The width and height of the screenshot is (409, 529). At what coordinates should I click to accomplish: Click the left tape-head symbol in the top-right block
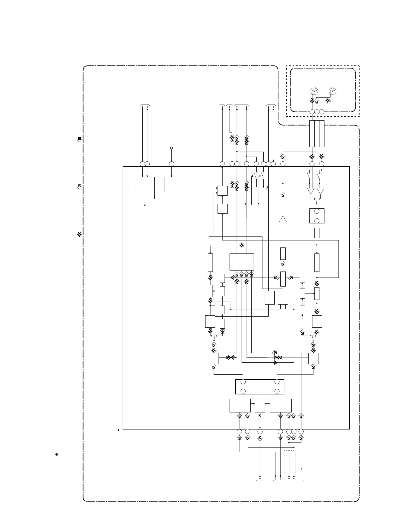[314, 91]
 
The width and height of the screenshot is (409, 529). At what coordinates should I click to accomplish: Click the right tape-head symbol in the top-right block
[333, 91]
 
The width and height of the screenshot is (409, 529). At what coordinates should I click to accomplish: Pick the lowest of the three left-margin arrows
[79, 234]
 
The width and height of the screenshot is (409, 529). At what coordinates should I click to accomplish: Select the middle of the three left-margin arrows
[79, 187]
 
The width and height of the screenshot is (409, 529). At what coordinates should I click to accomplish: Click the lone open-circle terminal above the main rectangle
[171, 148]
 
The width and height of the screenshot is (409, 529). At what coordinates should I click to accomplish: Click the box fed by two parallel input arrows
[145, 188]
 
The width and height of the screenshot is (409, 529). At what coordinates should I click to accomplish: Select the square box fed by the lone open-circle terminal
[171, 184]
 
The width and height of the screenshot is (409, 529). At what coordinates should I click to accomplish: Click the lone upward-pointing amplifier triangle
[283, 219]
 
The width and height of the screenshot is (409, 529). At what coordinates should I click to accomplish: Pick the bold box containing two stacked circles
[317, 216]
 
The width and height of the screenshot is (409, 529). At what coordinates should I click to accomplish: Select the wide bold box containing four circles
[260, 387]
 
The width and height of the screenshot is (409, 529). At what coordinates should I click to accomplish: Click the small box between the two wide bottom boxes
[260, 405]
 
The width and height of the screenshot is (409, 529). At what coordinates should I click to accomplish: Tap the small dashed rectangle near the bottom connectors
[290, 465]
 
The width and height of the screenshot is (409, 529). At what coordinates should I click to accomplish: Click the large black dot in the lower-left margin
[57, 455]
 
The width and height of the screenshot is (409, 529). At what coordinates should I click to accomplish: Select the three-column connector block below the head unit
[317, 133]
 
